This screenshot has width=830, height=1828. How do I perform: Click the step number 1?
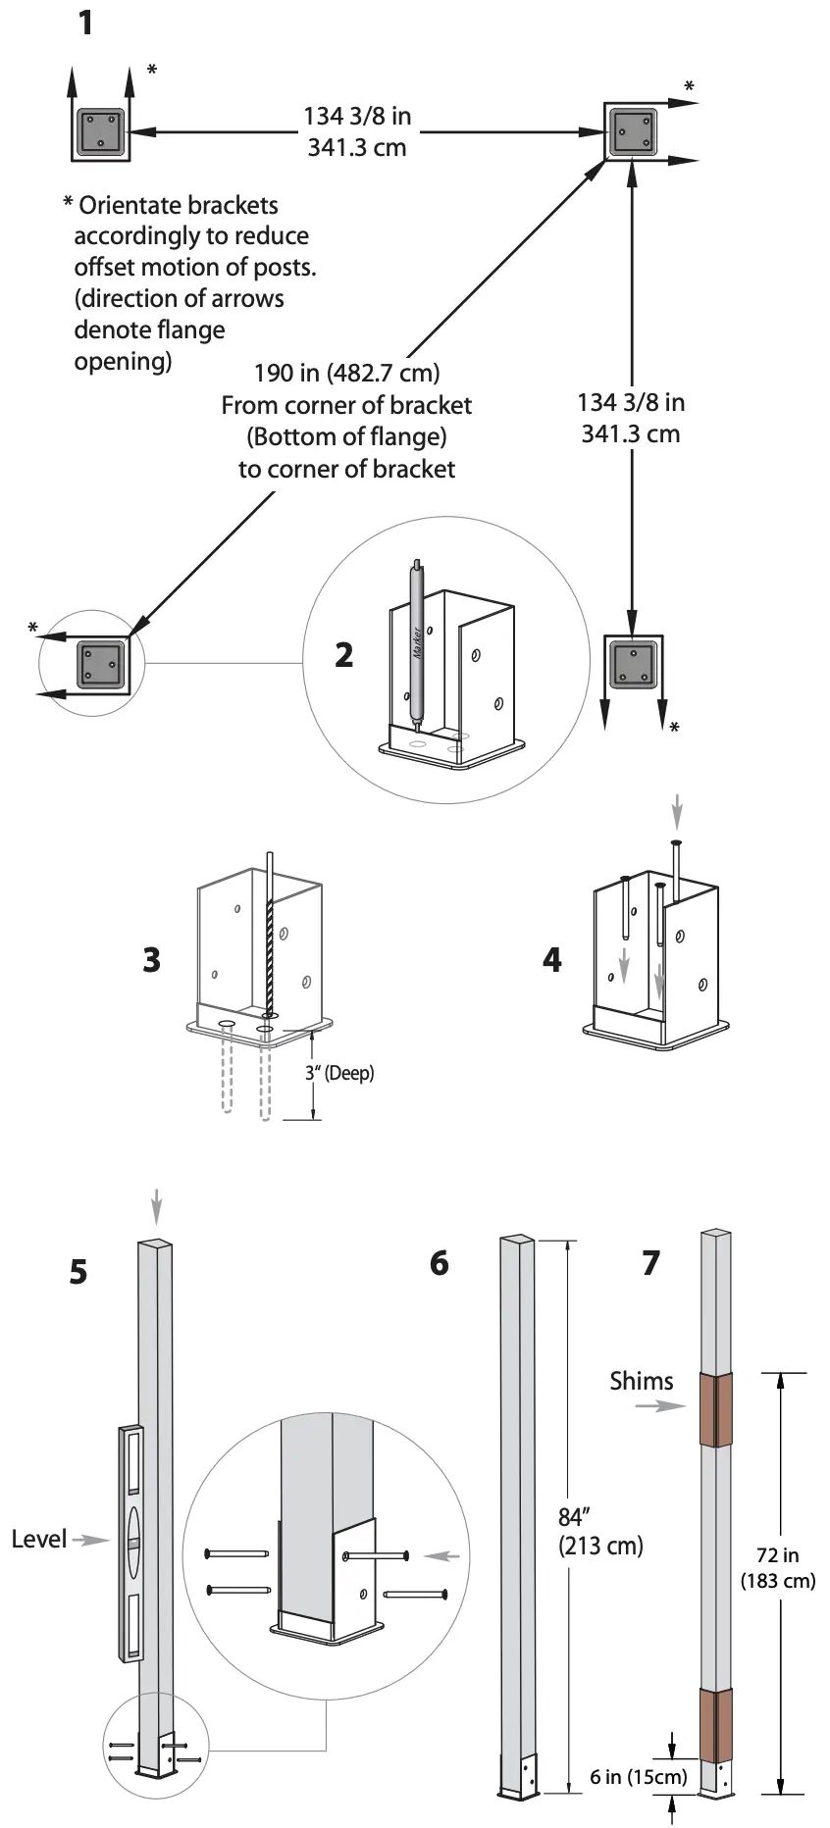[86, 22]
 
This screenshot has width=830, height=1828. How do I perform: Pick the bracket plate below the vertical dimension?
[633, 665]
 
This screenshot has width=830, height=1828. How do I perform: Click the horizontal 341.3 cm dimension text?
[356, 148]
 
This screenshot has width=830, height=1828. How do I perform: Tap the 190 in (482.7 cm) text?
[346, 373]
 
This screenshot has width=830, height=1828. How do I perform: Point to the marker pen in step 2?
[418, 642]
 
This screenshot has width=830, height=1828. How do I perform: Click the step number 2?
[343, 654]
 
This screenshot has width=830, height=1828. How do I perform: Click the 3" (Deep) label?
[339, 1073]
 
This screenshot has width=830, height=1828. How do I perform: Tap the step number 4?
[552, 959]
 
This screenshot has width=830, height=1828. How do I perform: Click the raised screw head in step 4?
[676, 843]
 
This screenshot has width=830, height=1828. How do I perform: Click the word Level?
[39, 1539]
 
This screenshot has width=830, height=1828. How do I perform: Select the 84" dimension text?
[572, 1517]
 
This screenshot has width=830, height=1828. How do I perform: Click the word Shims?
[642, 1381]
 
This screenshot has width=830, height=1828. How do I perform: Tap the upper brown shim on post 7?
[716, 1409]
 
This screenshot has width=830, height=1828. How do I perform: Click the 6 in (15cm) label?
[639, 1777]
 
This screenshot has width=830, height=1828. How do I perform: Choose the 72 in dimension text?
[778, 1555]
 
